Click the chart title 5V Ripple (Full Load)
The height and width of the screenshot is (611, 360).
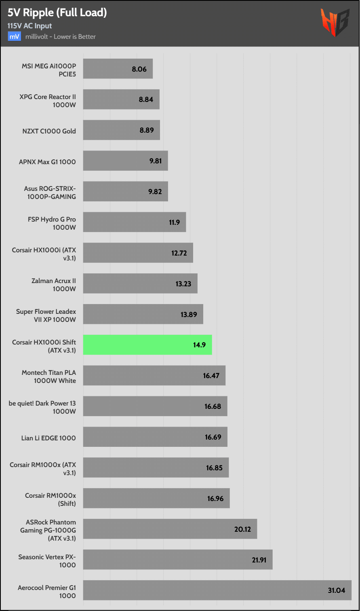[57, 13]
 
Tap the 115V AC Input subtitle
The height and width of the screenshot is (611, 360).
[29, 26]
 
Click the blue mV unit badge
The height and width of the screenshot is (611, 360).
[14, 37]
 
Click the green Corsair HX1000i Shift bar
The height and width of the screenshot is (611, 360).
[147, 345]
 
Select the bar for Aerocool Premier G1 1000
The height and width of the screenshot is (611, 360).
[217, 590]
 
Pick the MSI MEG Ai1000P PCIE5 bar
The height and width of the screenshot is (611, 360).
[118, 69]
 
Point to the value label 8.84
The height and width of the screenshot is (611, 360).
[146, 99]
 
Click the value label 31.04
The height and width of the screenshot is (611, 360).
[336, 590]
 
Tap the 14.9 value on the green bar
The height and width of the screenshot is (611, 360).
[200, 345]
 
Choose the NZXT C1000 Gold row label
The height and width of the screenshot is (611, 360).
[49, 131]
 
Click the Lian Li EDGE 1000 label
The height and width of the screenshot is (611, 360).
[48, 438]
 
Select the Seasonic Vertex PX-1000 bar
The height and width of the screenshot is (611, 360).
[178, 559]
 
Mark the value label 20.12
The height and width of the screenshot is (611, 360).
[242, 529]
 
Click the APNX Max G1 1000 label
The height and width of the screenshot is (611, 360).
[47, 162]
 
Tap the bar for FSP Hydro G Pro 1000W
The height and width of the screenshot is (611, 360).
[134, 222]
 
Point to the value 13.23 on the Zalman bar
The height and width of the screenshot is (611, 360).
[183, 284]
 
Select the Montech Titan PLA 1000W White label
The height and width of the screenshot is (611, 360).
[48, 376]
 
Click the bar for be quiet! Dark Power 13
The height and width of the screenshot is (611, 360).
[155, 406]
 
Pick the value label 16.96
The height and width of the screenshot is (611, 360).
[215, 499]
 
